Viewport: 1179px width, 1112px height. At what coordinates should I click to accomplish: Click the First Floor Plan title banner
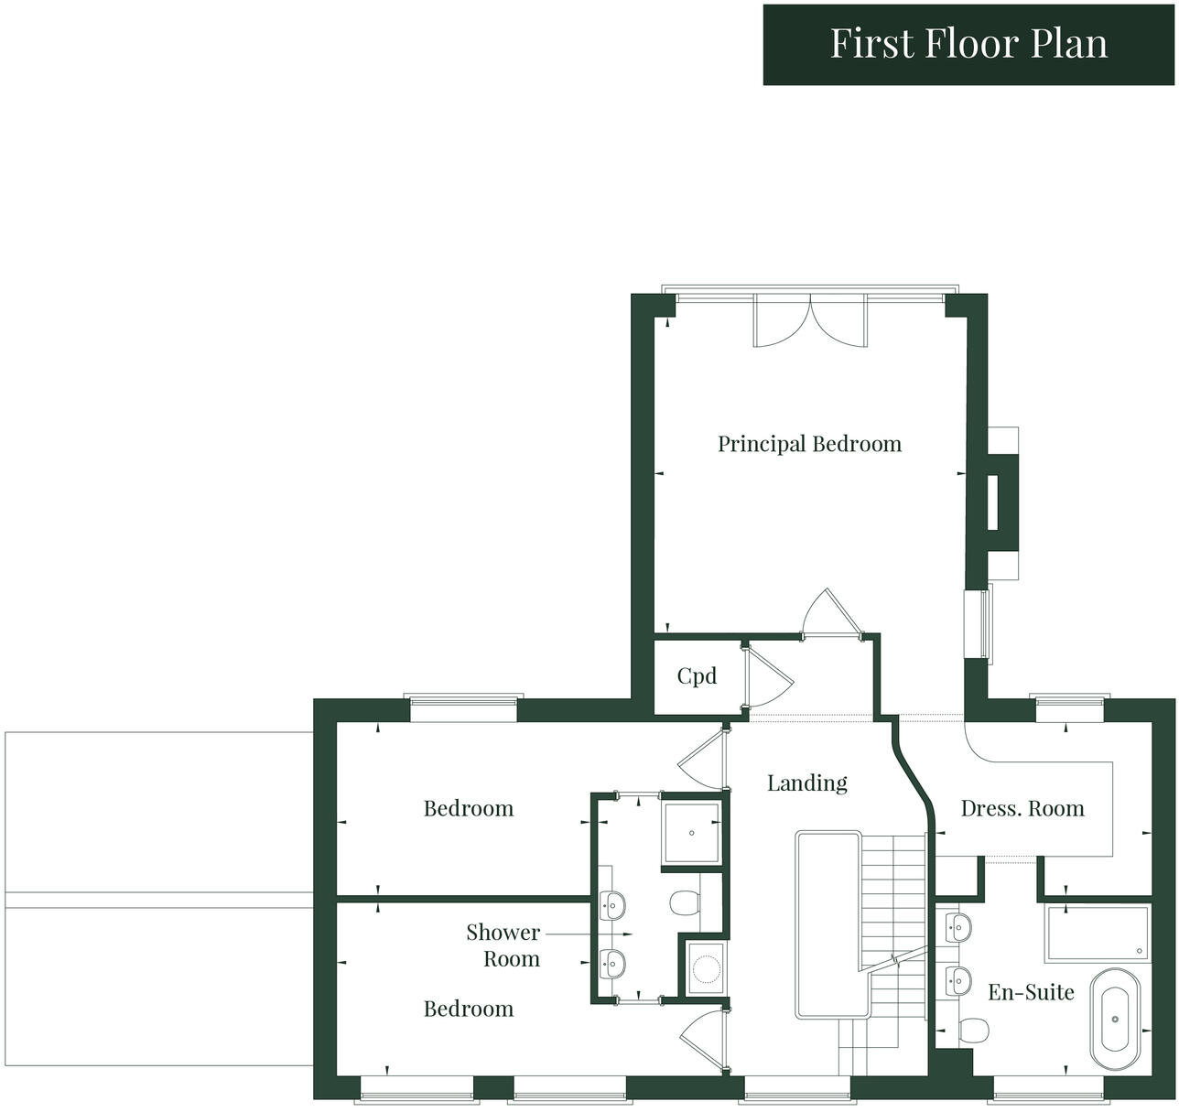coord(969,44)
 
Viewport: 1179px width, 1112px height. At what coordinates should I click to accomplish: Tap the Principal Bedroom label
coord(809,444)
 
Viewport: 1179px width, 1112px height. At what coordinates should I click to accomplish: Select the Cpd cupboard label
coord(697,676)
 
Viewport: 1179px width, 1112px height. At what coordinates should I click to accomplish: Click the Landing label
coord(806,783)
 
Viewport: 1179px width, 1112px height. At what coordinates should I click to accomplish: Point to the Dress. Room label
coord(1022,809)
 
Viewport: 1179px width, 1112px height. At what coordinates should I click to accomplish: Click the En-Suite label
coord(1031,992)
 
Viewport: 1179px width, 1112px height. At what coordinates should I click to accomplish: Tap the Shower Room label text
coord(503,945)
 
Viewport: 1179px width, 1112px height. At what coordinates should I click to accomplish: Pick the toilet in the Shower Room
coord(685,903)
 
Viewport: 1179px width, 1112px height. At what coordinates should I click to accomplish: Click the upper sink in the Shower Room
coord(611,904)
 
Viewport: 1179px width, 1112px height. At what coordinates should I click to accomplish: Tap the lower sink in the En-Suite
coord(957,980)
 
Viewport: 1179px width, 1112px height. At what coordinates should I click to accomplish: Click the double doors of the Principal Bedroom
coord(810,321)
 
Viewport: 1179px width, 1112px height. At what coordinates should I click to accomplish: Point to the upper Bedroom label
coord(469,809)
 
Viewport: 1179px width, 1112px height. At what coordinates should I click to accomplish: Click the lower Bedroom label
coord(469,1009)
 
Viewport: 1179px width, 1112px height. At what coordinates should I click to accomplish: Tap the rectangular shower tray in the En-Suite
coord(1097,933)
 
